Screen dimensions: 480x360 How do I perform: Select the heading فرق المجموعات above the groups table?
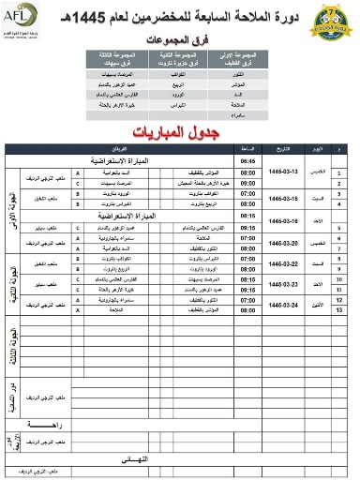pos(179,42)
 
